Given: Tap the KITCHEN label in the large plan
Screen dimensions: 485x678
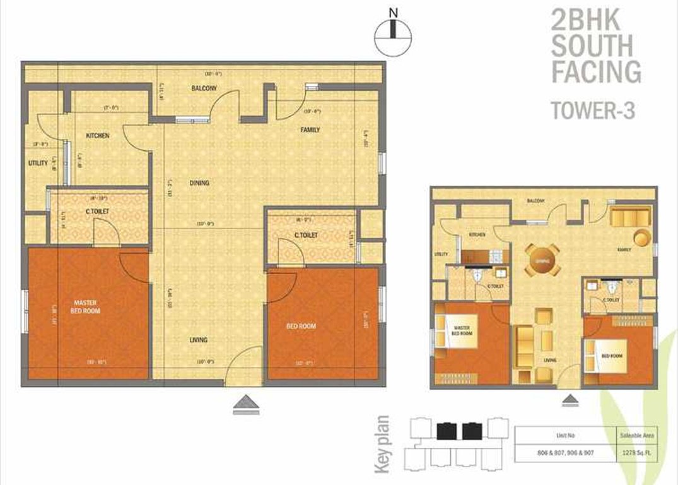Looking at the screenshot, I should tap(97, 136).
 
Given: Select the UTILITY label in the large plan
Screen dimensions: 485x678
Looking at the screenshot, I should tap(38, 163).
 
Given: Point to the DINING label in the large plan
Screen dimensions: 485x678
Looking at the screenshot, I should tap(199, 183).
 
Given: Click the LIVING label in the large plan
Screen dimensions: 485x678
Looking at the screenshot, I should tap(199, 340).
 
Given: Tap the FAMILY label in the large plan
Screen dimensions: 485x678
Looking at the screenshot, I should tap(310, 130).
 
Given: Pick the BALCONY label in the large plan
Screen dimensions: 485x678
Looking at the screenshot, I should tap(204, 89).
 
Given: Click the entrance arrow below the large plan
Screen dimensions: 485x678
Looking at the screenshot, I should tap(246, 405).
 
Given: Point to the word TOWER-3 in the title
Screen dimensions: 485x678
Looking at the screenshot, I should tap(592, 111).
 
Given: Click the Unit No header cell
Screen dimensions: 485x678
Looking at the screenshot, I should tap(564, 435).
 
